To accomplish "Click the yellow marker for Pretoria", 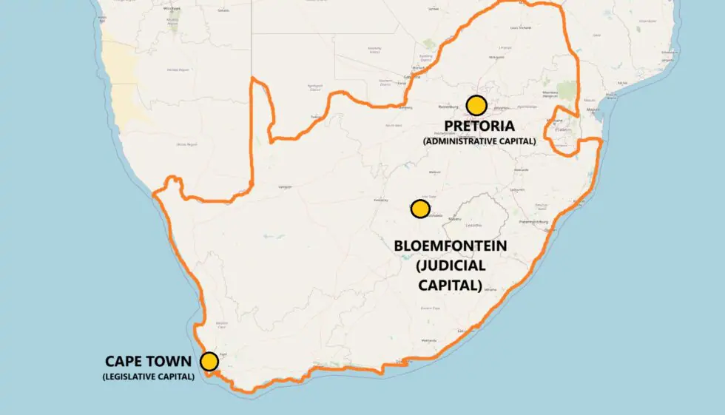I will [x=476, y=105].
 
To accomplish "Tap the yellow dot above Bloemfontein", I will [x=420, y=209].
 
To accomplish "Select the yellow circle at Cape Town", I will [x=209, y=361].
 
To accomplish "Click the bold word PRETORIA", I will [x=479, y=126].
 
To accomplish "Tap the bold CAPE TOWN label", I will [x=148, y=362].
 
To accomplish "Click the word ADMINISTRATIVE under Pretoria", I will [x=459, y=141].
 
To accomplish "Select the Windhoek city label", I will [x=173, y=8].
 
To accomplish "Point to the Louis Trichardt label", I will [x=521, y=28].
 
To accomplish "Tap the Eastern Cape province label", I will [x=431, y=308].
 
